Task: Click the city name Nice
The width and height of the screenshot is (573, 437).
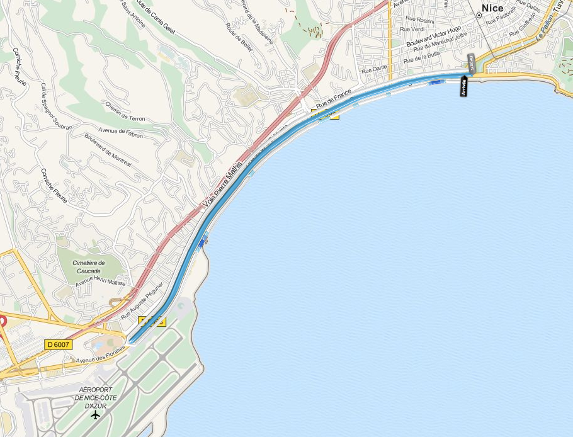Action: pos(492,8)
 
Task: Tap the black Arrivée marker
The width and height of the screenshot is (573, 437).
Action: pos(464,86)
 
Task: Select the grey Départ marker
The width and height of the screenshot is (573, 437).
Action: pos(470,63)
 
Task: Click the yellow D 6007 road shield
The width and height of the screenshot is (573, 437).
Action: pos(58,344)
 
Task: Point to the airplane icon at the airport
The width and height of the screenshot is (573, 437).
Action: pos(95,415)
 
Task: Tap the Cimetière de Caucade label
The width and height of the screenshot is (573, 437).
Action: pos(89,267)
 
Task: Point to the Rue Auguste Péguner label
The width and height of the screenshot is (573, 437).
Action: pos(142,299)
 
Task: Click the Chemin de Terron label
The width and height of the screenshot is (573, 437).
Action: pos(125,111)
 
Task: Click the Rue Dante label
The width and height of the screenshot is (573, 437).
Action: pos(375,68)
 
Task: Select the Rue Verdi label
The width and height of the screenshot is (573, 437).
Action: pos(412,29)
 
